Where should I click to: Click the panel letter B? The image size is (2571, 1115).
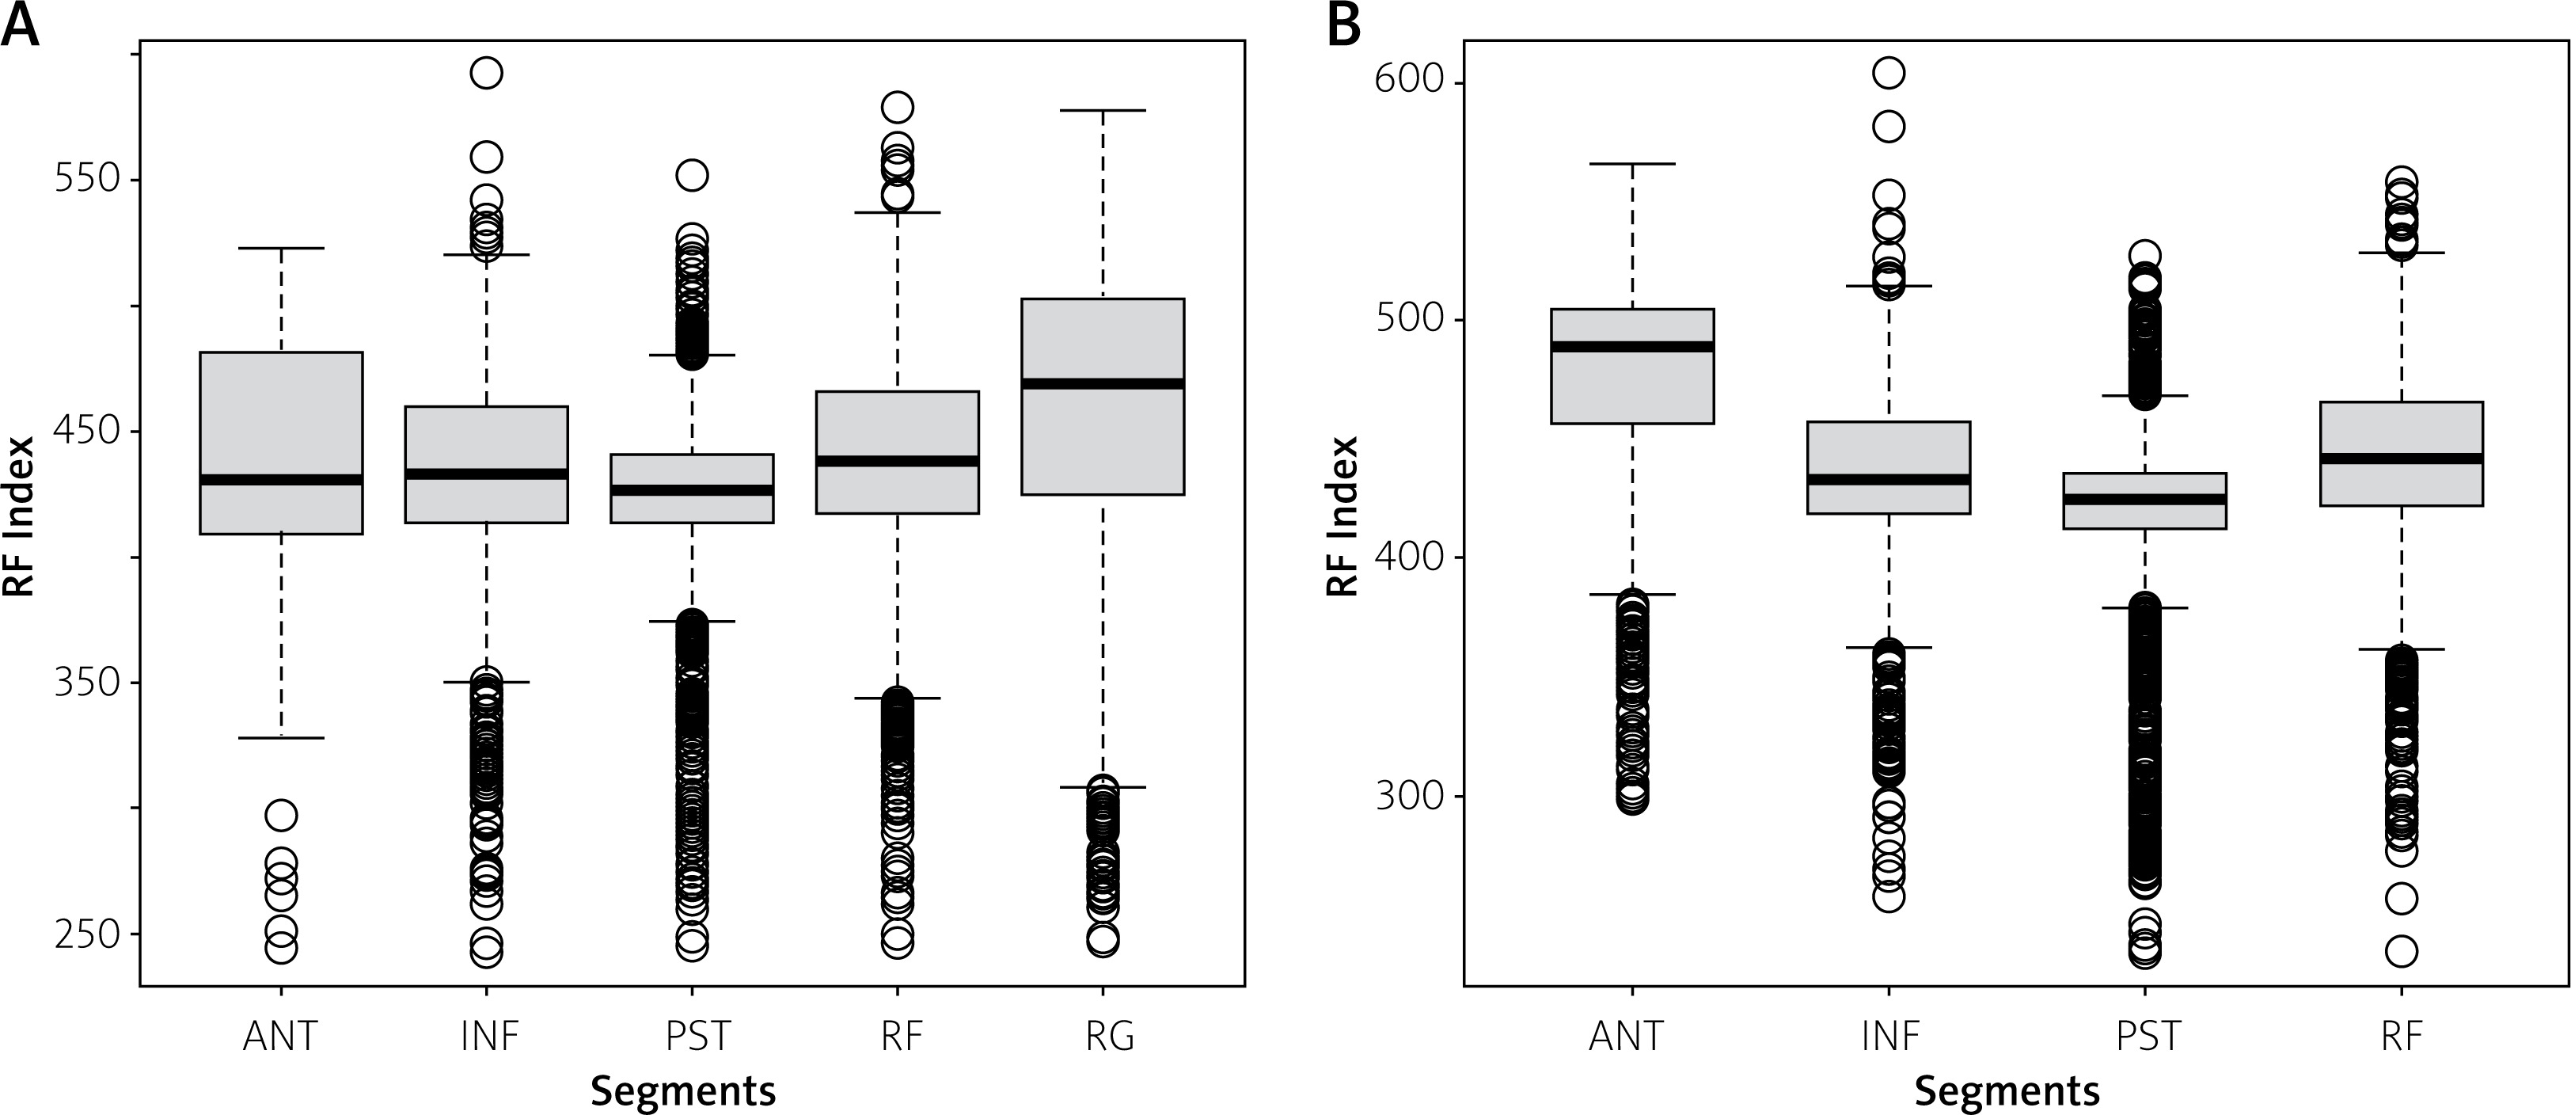pos(1344,25)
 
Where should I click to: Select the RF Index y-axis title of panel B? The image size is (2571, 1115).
pos(1343,516)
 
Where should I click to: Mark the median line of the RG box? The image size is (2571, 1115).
pos(1102,383)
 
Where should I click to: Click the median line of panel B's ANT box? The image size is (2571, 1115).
pos(1632,346)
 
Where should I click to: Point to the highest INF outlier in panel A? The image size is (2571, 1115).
pos(486,73)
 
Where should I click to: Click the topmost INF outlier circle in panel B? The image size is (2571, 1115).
pos(1889,73)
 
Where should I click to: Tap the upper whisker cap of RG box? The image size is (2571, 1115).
pos(1102,111)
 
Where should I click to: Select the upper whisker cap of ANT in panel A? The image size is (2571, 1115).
pos(282,248)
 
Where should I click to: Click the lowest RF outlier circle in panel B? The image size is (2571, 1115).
pos(2400,951)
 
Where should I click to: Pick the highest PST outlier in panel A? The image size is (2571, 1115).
pos(692,176)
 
